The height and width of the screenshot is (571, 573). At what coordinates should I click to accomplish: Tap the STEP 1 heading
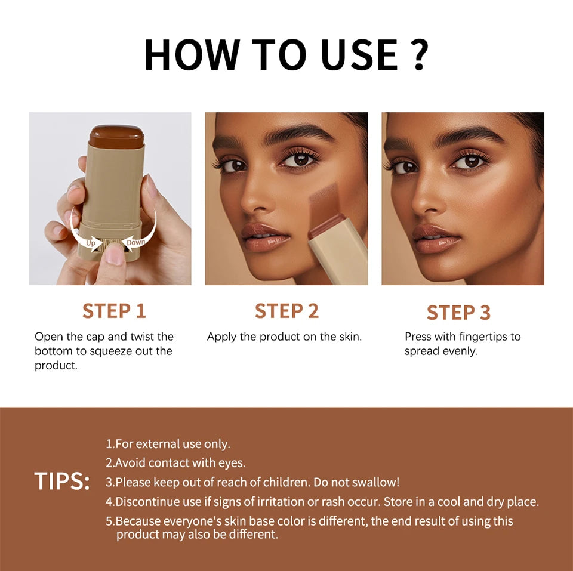click(x=114, y=311)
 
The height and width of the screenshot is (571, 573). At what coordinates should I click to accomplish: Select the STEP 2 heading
click(x=286, y=311)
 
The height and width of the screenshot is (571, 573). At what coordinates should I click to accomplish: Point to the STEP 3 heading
click(x=458, y=313)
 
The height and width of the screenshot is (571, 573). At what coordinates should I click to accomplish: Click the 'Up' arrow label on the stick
click(x=90, y=242)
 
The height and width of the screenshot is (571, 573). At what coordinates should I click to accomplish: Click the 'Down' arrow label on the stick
click(x=136, y=242)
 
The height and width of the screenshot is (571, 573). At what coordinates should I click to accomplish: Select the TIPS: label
click(x=62, y=482)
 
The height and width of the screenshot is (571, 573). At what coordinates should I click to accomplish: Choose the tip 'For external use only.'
click(x=168, y=444)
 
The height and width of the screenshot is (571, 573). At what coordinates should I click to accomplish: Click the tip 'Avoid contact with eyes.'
click(x=175, y=462)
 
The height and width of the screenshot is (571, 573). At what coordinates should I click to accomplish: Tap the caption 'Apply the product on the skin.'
click(x=284, y=337)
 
